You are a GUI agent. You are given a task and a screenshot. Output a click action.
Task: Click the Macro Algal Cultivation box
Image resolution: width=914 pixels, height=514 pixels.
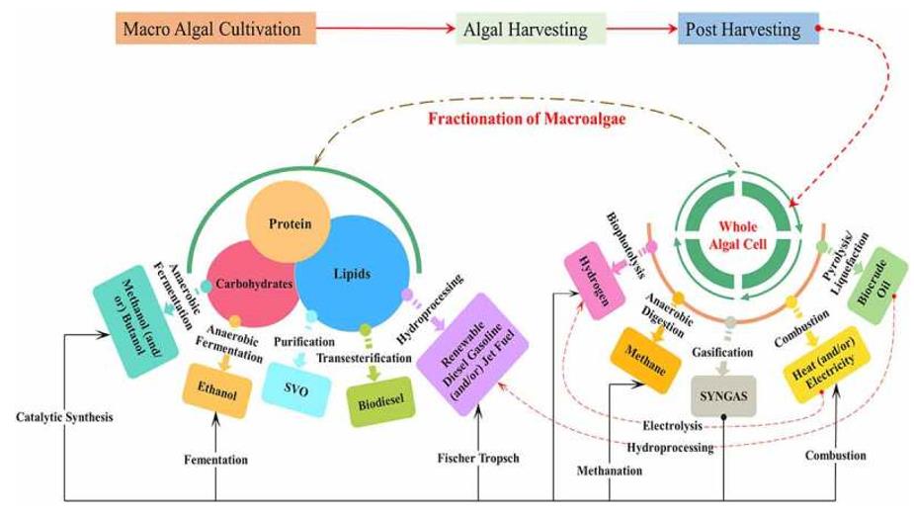point(216,29)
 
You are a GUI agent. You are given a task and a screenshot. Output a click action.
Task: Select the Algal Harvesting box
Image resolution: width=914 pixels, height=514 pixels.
point(525,30)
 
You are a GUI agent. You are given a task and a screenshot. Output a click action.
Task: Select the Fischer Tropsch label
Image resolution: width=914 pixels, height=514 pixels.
point(477,458)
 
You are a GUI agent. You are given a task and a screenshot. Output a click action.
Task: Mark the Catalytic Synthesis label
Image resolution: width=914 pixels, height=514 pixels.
point(64,417)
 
